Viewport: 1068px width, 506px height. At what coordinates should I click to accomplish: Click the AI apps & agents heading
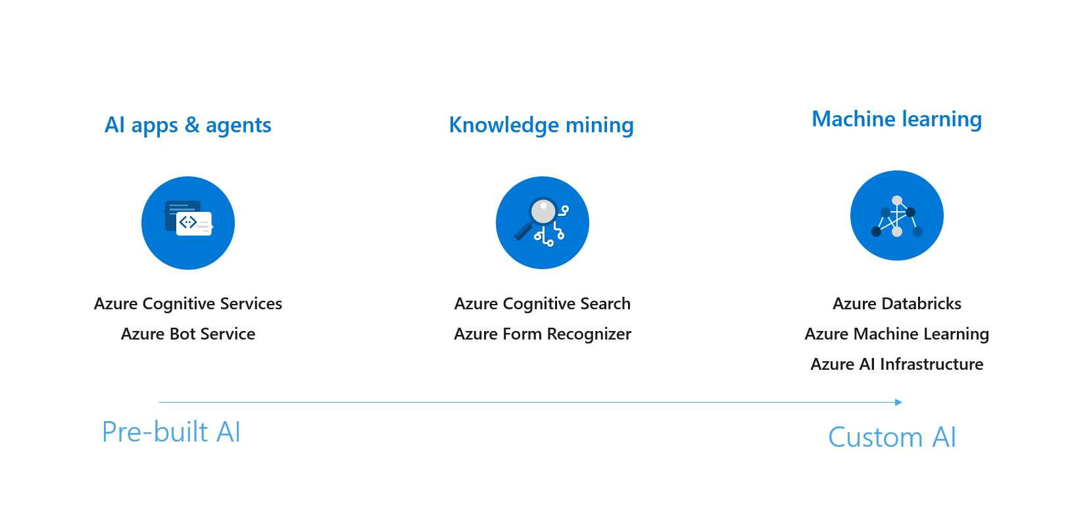(x=187, y=125)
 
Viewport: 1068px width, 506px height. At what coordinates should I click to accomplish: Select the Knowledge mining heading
(x=541, y=125)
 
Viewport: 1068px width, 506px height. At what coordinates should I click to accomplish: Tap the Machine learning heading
(x=896, y=119)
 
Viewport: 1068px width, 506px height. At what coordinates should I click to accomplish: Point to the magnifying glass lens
(x=543, y=212)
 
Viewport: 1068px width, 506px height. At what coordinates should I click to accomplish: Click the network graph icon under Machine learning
(x=896, y=216)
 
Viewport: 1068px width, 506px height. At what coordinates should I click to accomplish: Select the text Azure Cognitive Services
(x=187, y=303)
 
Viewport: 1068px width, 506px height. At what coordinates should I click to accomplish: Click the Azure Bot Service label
(x=187, y=334)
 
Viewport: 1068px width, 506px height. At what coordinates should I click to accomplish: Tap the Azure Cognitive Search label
(x=542, y=303)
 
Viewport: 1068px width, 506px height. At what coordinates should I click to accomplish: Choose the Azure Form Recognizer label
(x=542, y=334)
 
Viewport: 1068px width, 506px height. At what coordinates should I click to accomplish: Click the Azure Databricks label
(x=896, y=303)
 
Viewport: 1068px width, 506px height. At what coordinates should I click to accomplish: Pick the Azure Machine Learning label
(x=896, y=334)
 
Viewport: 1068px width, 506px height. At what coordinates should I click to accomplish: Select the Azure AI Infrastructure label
(x=896, y=364)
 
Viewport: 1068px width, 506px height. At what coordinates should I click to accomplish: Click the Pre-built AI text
(x=171, y=432)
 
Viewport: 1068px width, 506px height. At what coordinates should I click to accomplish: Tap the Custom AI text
(x=891, y=438)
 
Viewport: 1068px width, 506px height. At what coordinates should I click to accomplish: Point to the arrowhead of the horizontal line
(x=898, y=402)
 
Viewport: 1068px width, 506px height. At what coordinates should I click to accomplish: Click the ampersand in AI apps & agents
(x=192, y=125)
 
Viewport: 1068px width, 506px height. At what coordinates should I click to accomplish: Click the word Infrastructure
(x=931, y=364)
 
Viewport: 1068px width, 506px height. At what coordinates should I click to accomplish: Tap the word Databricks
(x=921, y=303)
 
